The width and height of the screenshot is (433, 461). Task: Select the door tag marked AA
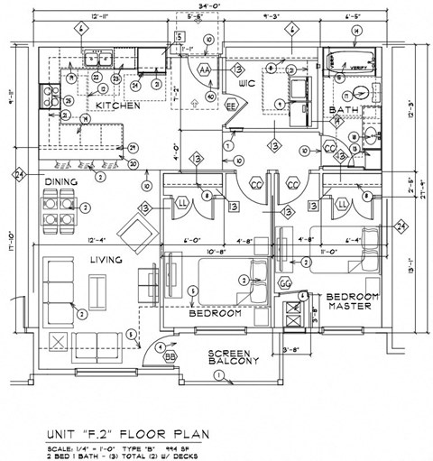click(205, 69)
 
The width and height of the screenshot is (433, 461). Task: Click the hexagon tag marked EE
click(231, 105)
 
